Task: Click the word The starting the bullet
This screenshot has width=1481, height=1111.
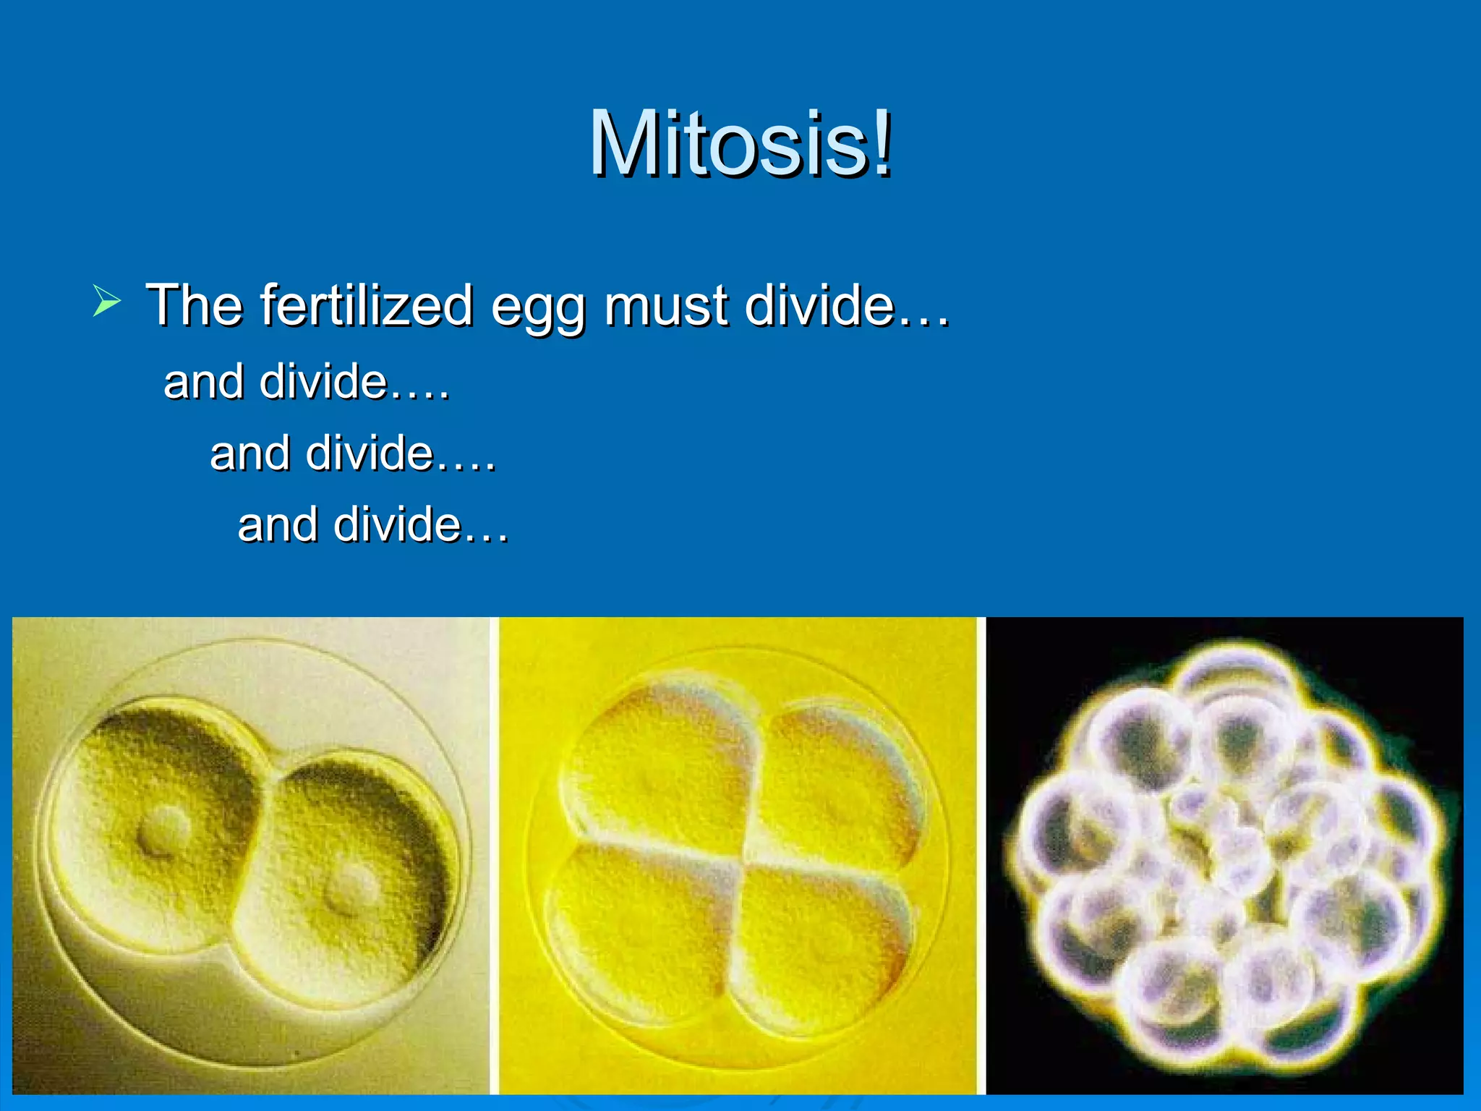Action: click(x=194, y=305)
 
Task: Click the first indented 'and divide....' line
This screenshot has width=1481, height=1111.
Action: click(x=307, y=381)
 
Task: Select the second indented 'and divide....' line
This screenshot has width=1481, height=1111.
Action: click(x=353, y=454)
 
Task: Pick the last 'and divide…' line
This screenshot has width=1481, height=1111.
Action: click(x=373, y=524)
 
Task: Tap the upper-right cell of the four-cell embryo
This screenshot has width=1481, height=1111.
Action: click(x=839, y=781)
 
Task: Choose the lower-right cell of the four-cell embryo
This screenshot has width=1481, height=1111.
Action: click(x=821, y=940)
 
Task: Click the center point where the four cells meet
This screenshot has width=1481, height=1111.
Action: click(x=745, y=857)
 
